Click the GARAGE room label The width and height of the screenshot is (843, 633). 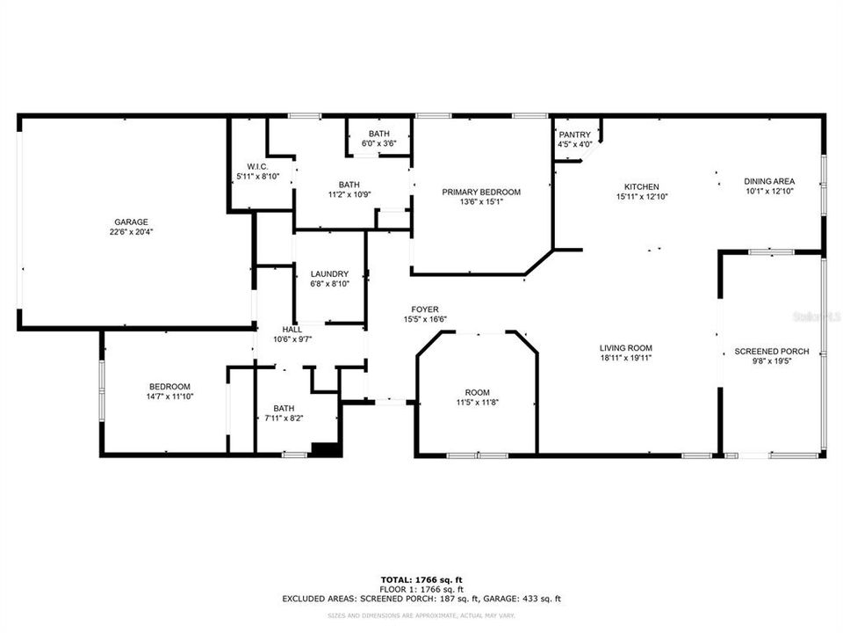130,222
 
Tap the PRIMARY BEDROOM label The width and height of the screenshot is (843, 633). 480,192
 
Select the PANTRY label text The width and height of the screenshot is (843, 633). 575,135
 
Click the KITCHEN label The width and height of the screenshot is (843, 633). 641,187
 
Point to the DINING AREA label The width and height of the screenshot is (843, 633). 769,180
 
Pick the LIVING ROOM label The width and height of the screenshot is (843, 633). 625,348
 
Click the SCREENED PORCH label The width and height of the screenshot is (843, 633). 771,351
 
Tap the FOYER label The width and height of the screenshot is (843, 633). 425,309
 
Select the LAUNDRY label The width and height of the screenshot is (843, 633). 329,273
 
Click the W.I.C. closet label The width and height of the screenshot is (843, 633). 257,167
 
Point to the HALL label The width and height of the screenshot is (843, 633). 292,329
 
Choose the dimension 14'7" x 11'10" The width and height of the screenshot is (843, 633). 169,397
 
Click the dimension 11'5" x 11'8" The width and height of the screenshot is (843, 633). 478,403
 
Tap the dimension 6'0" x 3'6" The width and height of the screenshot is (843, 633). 379,143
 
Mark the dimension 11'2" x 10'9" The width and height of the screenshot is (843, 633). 349,194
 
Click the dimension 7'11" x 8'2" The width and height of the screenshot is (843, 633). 284,418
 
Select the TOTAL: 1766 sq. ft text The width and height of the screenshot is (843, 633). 421,580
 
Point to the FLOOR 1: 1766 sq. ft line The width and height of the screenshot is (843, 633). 421,590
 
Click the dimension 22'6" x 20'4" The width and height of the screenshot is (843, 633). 130,233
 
